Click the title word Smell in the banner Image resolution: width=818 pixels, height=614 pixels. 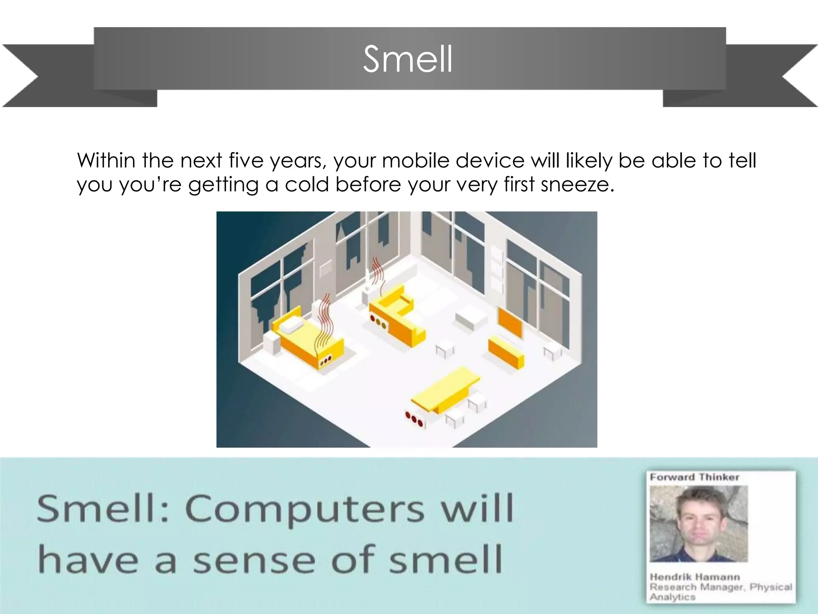(x=408, y=60)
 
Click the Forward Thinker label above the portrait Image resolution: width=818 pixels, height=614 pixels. (x=694, y=477)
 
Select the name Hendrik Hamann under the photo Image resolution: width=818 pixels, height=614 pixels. (x=695, y=577)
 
